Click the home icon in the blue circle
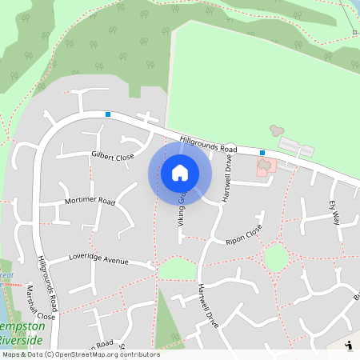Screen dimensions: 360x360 click(x=179, y=173)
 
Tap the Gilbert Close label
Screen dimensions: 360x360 click(x=112, y=157)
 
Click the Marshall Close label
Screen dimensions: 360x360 click(x=40, y=303)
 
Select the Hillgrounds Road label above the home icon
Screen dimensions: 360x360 click(x=209, y=144)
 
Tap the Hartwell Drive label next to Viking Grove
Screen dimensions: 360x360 click(x=227, y=178)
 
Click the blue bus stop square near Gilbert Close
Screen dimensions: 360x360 click(x=108, y=114)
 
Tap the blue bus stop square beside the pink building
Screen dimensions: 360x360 click(x=262, y=152)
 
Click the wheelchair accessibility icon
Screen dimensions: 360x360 click(x=349, y=346)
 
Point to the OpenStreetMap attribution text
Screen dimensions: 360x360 click(x=81, y=354)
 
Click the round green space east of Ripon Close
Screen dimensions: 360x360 click(x=275, y=258)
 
